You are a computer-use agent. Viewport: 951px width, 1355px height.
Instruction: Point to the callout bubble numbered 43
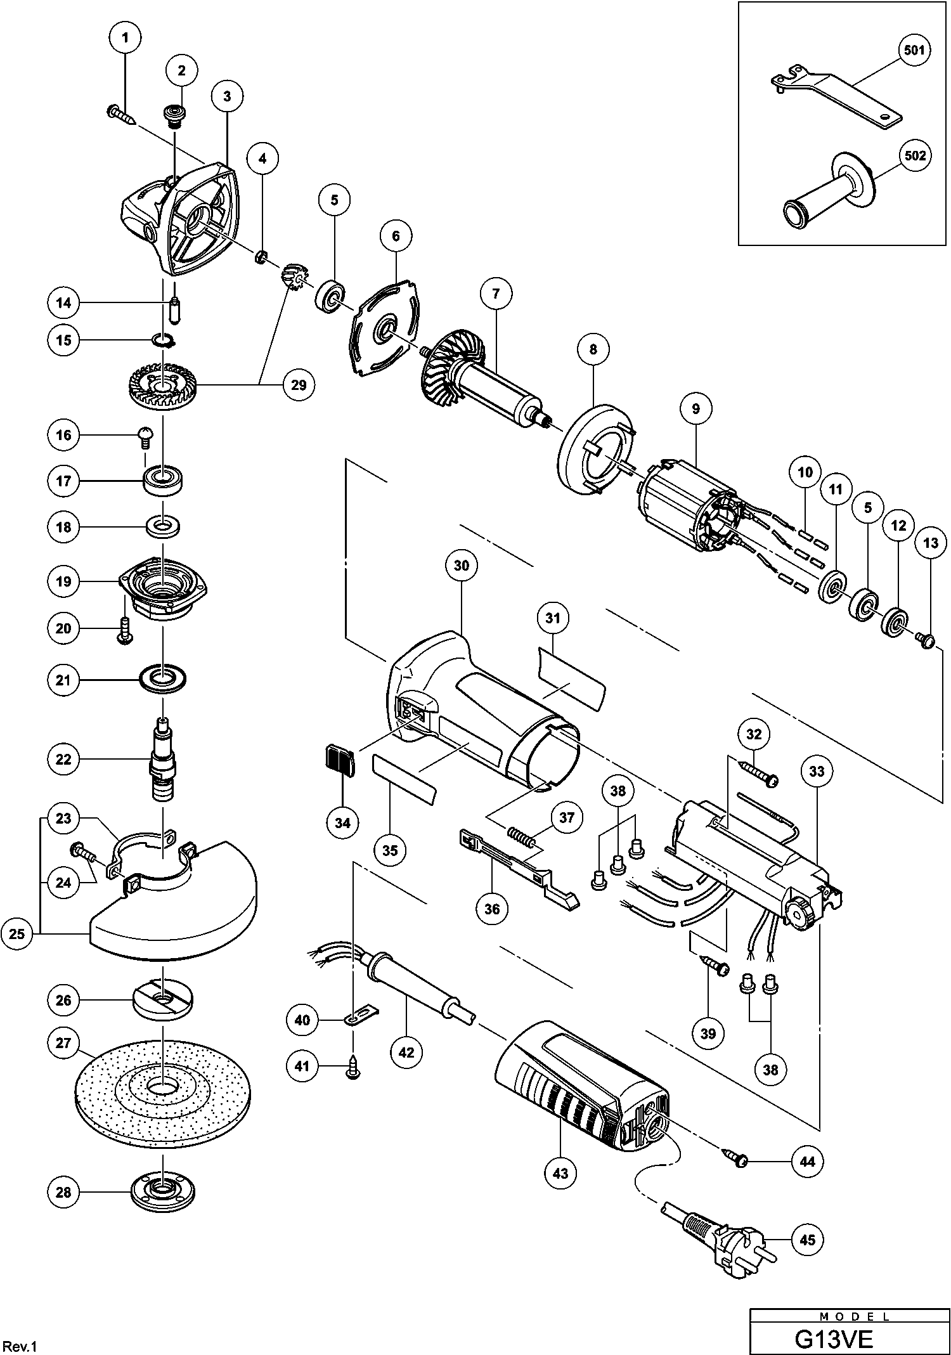(560, 1173)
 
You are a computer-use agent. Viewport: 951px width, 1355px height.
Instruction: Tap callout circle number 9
(696, 409)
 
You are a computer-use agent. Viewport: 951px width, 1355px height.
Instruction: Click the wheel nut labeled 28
(163, 1193)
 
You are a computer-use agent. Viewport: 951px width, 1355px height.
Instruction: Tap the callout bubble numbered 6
(396, 237)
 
